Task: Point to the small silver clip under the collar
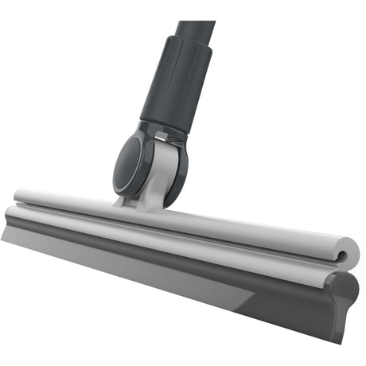(x=165, y=139)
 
